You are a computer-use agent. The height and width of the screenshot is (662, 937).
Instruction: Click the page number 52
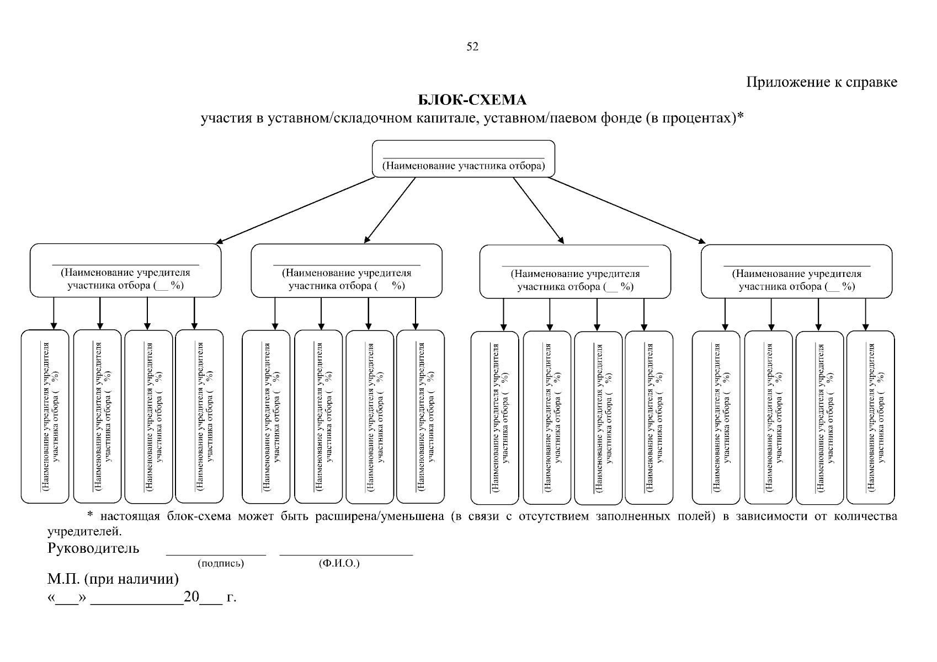tap(472, 47)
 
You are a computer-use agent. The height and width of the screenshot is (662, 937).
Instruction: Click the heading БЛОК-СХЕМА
tap(472, 100)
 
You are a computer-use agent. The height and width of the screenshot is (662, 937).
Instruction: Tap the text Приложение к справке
tap(822, 82)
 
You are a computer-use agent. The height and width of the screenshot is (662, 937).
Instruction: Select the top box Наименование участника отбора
tap(464, 159)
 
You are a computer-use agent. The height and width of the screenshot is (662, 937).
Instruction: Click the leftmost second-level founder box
tap(125, 271)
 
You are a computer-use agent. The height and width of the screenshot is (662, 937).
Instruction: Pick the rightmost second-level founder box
tap(796, 271)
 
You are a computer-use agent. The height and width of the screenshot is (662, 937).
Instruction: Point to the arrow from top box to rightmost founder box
tap(626, 210)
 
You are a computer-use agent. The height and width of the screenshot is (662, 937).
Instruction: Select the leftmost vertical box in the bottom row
tap(45, 417)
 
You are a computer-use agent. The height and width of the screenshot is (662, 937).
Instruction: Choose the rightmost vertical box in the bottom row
tap(870, 417)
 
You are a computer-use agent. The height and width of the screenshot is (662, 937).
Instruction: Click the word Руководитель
tap(93, 548)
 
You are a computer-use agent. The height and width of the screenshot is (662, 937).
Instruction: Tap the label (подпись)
tap(221, 564)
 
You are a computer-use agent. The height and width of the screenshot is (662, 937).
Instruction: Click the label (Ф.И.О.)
tap(339, 564)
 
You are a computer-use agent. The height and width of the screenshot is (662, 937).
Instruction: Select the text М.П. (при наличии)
tap(113, 579)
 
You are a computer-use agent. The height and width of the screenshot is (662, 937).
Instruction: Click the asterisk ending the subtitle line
tap(741, 117)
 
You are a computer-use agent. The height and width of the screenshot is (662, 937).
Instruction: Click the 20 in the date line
tap(191, 597)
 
